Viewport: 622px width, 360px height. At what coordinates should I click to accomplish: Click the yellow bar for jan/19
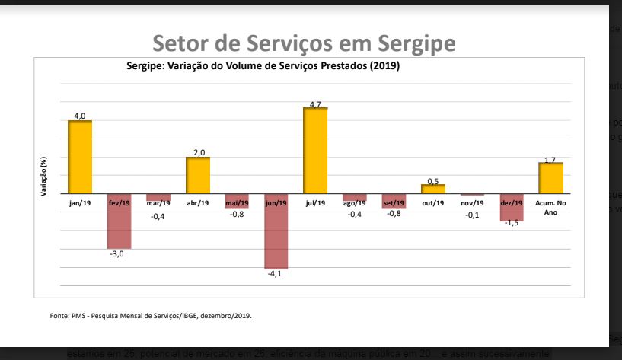(80, 158)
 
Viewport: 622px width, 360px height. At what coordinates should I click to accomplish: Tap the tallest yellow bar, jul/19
(315, 151)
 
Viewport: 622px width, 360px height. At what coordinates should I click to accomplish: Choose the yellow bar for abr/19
(198, 177)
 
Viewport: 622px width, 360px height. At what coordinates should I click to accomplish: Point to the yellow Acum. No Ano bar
(550, 180)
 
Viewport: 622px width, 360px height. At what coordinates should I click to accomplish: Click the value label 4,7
(315, 104)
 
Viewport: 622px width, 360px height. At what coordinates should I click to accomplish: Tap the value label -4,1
(276, 274)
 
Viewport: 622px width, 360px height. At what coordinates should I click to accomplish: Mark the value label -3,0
(120, 254)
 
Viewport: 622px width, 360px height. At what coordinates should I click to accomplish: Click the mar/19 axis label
(158, 203)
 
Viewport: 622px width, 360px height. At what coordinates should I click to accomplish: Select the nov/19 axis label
(472, 203)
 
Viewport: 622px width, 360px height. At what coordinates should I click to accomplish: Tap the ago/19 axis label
(354, 203)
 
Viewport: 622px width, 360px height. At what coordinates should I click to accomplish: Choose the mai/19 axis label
(237, 203)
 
